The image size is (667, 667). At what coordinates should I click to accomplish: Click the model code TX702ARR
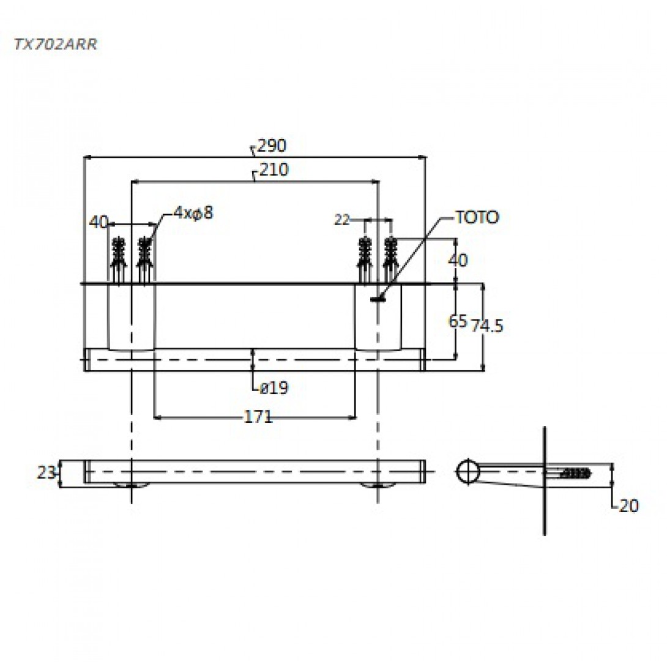pos(56,44)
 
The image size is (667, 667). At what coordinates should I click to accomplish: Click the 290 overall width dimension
pos(272,146)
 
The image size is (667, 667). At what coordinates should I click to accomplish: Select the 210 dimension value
pos(273,170)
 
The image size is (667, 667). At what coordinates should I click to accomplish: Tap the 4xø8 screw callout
pos(193,213)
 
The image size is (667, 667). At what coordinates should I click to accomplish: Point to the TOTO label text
pos(477,218)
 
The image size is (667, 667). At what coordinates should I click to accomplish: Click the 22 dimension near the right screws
pos(341,219)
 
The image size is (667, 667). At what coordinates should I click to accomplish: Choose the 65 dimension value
pos(458,321)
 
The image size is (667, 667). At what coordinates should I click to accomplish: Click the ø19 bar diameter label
pos(273,387)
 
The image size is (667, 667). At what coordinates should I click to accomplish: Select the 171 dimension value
pos(258,417)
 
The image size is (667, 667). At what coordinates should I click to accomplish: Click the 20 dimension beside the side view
pos(628,506)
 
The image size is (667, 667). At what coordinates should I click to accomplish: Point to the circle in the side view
pos(468,471)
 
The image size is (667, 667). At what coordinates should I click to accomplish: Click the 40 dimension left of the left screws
pos(98,222)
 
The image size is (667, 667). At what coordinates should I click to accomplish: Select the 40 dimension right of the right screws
pos(458,260)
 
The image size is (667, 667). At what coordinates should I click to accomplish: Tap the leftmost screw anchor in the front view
pos(118,257)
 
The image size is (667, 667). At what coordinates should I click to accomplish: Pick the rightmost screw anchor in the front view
pos(390,257)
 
